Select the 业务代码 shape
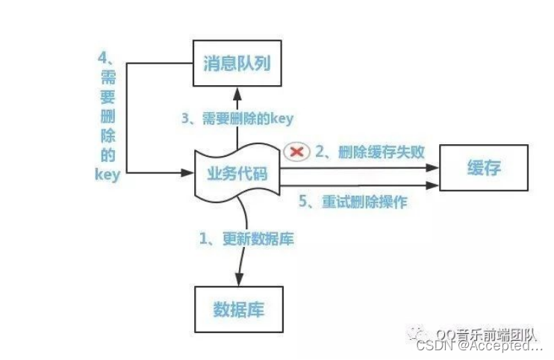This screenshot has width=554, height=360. [x=236, y=174]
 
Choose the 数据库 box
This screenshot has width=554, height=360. [x=238, y=308]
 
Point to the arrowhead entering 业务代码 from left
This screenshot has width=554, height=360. [x=187, y=173]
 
